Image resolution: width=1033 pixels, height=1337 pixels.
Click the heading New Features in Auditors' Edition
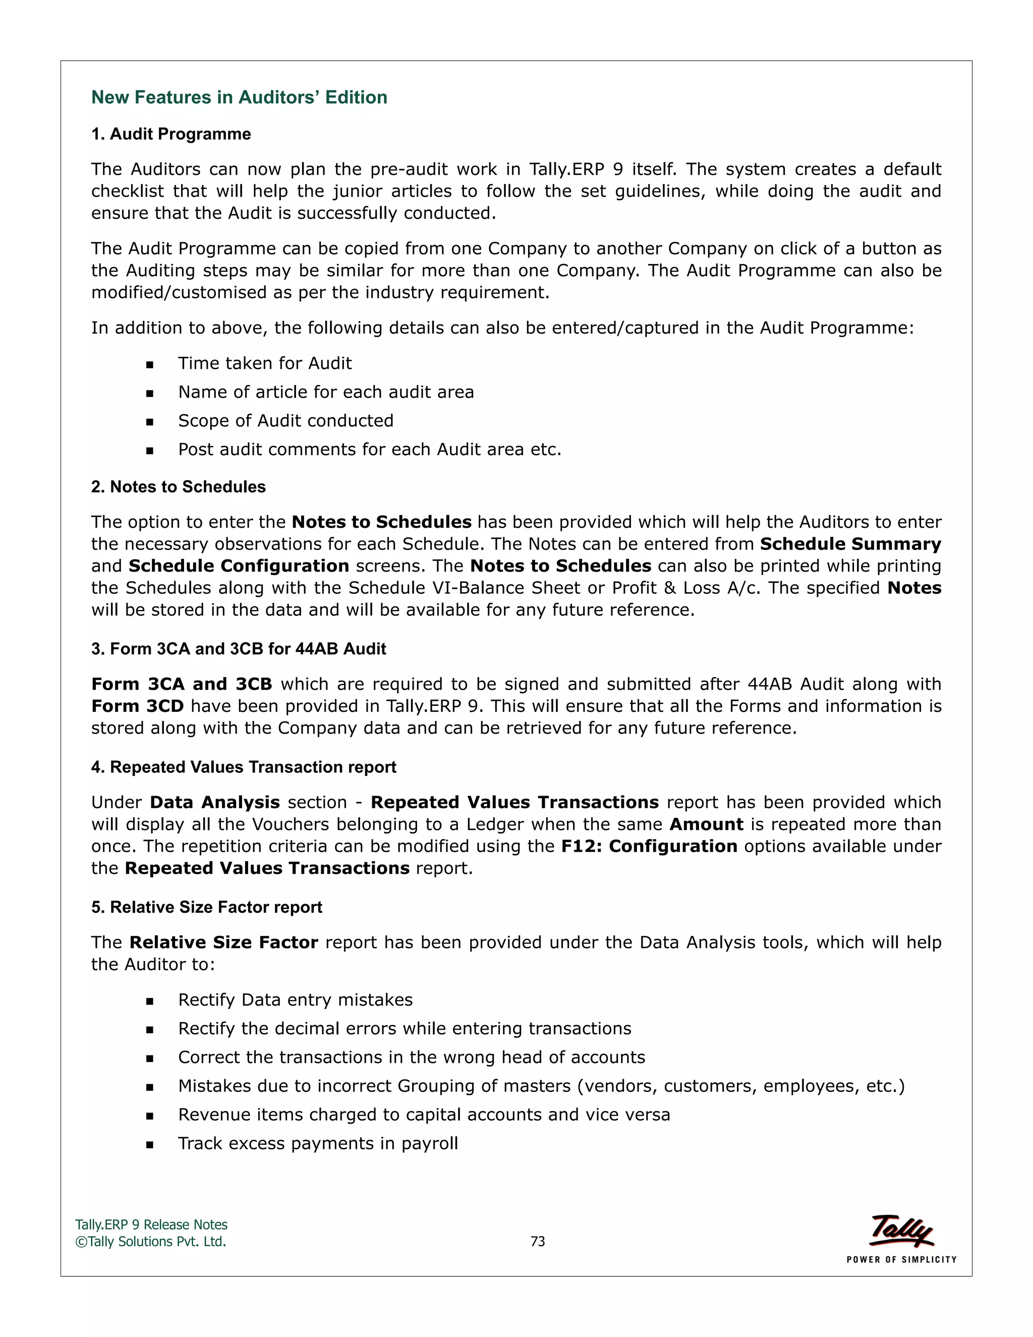coord(239,97)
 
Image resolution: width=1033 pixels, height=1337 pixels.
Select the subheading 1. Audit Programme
coord(171,134)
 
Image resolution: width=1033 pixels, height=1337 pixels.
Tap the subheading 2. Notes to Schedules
coord(178,487)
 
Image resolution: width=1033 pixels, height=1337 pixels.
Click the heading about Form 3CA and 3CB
coord(238,649)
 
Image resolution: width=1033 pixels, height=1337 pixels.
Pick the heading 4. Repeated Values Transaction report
coord(244,767)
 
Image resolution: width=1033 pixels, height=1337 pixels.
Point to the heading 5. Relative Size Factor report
coord(206,907)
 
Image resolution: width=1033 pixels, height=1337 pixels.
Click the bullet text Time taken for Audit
coord(264,364)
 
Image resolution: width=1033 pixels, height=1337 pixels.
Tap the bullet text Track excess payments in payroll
coord(318,1144)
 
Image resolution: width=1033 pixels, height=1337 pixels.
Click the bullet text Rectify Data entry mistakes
coord(295,1000)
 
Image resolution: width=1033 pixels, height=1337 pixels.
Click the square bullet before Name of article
coord(150,394)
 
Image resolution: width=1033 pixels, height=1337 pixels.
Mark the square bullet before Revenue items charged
coord(150,1116)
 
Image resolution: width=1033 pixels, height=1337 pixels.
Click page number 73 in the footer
coord(537,1242)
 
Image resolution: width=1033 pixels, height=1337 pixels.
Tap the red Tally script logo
coord(901,1230)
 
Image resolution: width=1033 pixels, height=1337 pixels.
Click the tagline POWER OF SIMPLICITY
coord(901,1260)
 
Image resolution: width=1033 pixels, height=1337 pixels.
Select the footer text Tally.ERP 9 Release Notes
coord(151,1225)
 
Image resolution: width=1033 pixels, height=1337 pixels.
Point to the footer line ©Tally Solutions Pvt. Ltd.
coord(150,1242)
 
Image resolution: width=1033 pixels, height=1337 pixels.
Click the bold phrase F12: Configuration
coord(649,847)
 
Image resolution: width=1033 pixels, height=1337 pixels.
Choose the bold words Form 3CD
coord(137,706)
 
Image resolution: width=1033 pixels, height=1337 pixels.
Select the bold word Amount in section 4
coord(706,824)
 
